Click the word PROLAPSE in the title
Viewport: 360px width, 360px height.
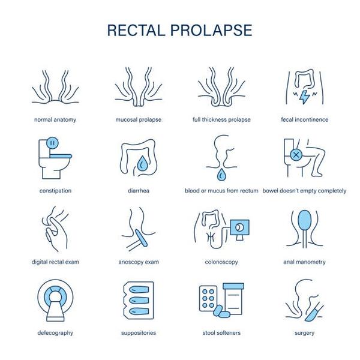tap(211, 30)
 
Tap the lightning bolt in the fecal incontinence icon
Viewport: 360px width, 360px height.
tap(305, 97)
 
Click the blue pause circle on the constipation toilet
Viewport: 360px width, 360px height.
tap(52, 143)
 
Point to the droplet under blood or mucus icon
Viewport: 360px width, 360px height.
tap(221, 175)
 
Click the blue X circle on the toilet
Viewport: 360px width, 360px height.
tap(296, 155)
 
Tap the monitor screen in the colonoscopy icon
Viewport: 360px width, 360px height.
tap(239, 227)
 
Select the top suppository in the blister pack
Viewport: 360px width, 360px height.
tap(139, 290)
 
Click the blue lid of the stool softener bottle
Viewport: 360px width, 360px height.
tap(233, 286)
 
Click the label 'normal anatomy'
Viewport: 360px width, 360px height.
tap(55, 119)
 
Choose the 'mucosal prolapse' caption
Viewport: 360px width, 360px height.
tap(138, 119)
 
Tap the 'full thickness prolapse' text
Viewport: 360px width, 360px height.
tap(221, 119)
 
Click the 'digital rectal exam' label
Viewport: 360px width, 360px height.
tap(55, 262)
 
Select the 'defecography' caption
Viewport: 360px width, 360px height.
tap(55, 333)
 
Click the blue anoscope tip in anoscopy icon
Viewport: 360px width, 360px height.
tap(141, 238)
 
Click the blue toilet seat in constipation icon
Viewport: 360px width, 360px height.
tap(61, 156)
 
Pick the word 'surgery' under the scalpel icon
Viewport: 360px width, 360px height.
tap(304, 333)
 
